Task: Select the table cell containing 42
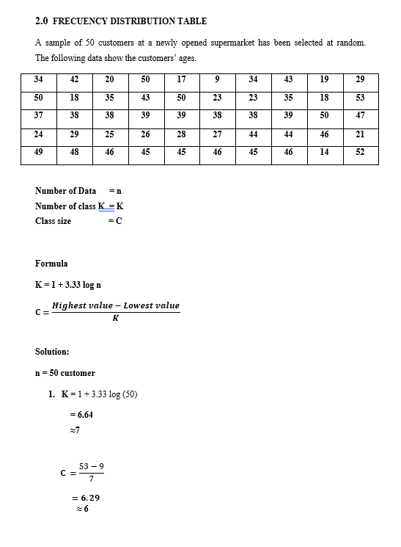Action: point(74,80)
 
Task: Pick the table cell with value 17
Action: point(181,80)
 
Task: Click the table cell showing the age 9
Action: point(217,80)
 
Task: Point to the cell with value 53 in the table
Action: point(359,98)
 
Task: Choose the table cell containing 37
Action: point(38,116)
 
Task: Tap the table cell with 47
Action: point(359,116)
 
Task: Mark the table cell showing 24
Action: point(38,134)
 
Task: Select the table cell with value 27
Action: point(217,134)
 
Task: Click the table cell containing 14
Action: point(324,152)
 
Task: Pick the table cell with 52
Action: point(359,152)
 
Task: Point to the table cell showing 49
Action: point(38,152)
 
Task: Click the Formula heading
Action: point(51,264)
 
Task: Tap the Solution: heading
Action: point(52,352)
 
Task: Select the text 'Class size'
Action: point(54,221)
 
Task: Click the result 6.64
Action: point(81,415)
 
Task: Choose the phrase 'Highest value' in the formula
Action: point(86,305)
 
